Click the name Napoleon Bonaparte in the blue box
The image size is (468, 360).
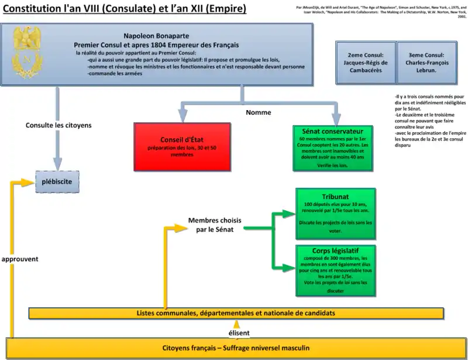pos(156,36)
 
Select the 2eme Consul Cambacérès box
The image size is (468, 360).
pos(366,62)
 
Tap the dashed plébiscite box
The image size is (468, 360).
pos(57,181)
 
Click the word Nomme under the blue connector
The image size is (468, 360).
pos(259,112)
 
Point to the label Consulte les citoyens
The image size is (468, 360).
pos(58,125)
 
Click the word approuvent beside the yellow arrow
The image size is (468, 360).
pos(20,259)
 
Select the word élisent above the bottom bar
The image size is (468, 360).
pos(239,333)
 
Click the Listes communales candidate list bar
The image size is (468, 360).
pos(236,314)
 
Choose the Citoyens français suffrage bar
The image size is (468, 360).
pos(236,348)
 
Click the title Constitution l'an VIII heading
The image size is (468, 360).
pos(125,9)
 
